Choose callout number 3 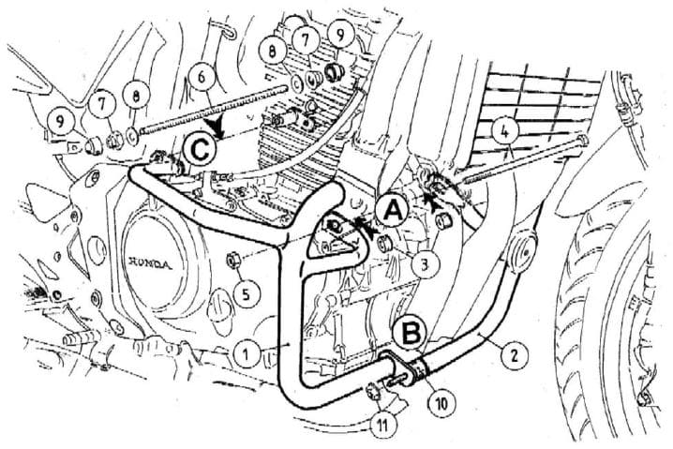pyautogui.click(x=425, y=265)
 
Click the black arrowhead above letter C pyautogui.click(x=217, y=123)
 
